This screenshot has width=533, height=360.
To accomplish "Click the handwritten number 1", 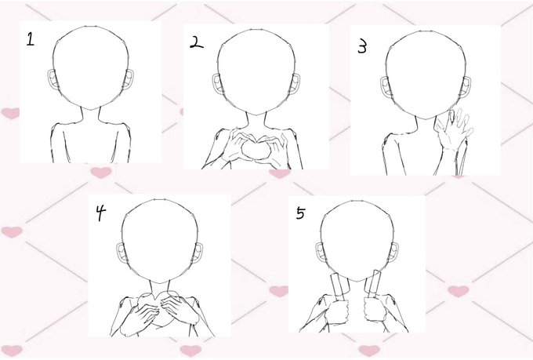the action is tap(31, 39).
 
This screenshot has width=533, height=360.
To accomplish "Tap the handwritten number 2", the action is tap(196, 42).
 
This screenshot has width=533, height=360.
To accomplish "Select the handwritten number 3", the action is tap(363, 46).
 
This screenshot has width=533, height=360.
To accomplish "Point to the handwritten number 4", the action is tap(100, 213).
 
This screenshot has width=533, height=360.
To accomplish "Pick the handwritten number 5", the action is tap(300, 213).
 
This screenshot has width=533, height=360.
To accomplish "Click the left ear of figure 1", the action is tap(53, 80).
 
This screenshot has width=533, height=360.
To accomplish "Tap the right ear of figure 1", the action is tap(129, 79).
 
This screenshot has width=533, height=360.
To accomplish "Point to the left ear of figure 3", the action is tap(386, 86).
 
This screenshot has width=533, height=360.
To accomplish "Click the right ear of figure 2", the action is tap(296, 83).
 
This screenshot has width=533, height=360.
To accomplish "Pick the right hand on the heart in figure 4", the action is tap(179, 309).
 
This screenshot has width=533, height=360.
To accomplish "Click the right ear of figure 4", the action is tap(198, 252).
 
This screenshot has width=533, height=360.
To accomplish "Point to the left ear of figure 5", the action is tap(321, 253).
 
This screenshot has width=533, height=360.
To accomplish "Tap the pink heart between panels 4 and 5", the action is tap(279, 291).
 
